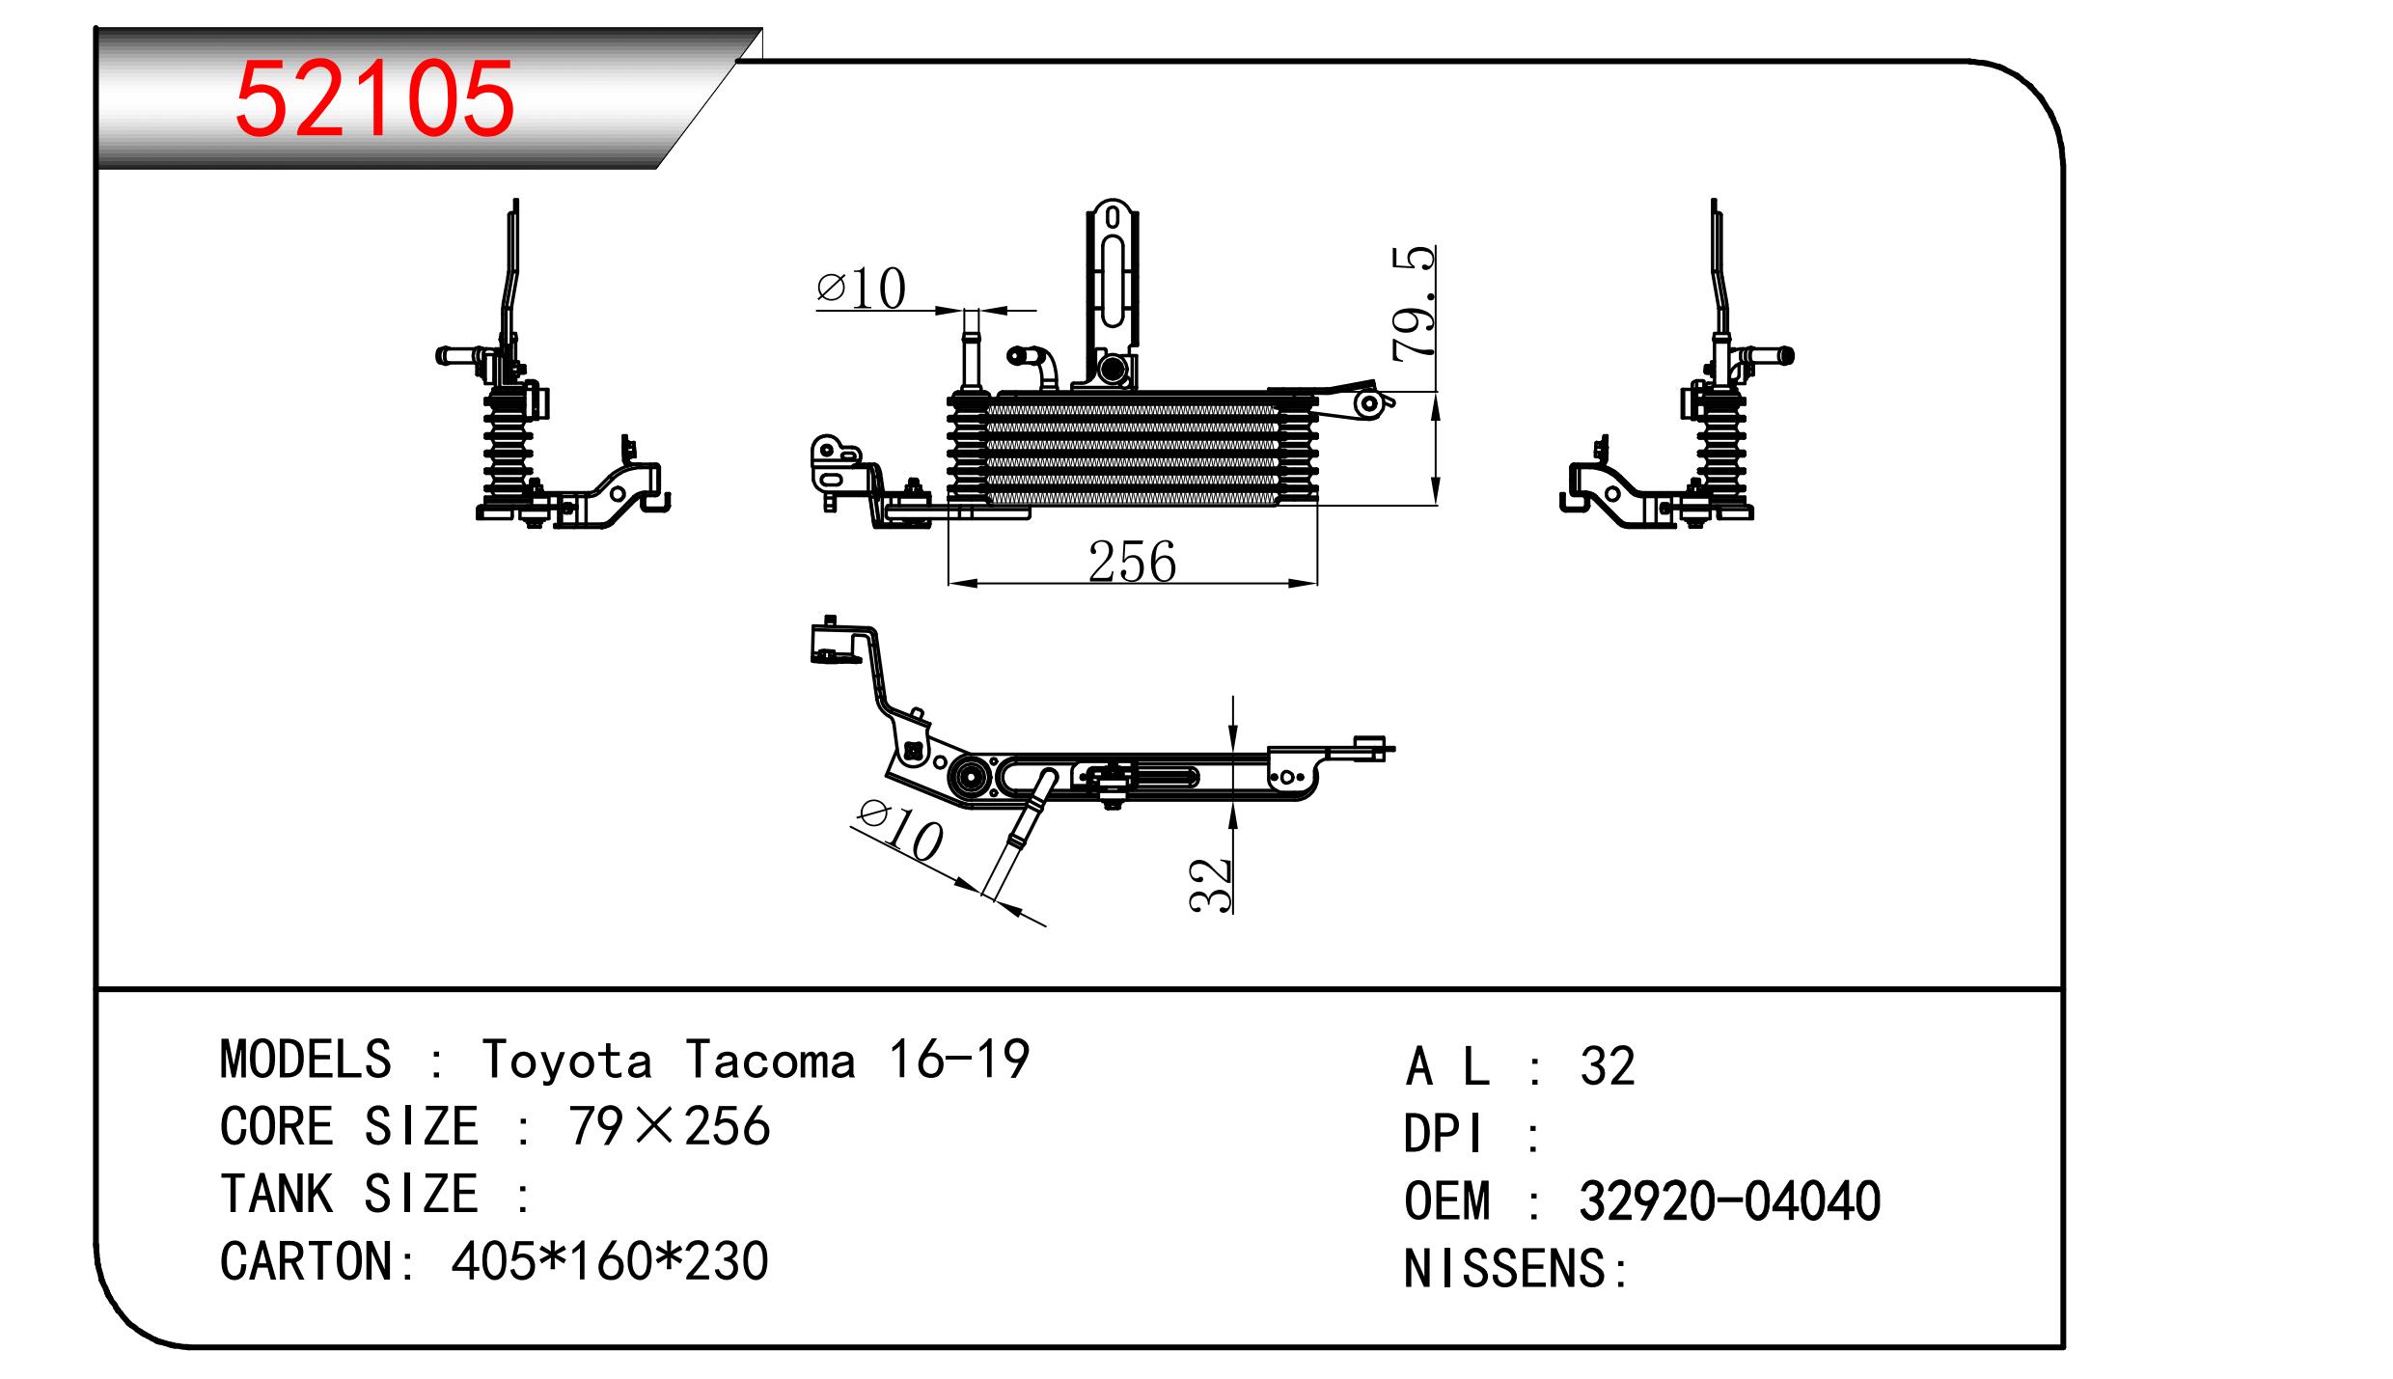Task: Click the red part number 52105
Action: pyautogui.click(x=374, y=99)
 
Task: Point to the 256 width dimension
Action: pyautogui.click(x=1132, y=562)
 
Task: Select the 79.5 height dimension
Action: pyautogui.click(x=1415, y=303)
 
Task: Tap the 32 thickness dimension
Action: pyautogui.click(x=1211, y=884)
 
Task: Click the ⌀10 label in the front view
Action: pyautogui.click(x=861, y=288)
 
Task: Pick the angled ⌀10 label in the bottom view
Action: pyautogui.click(x=899, y=831)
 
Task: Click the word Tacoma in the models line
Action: pyautogui.click(x=771, y=1060)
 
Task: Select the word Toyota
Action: pyautogui.click(x=566, y=1060)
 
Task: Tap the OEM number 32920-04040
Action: pyautogui.click(x=1729, y=1201)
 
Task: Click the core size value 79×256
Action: pyautogui.click(x=669, y=1126)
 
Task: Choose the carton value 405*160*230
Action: pyautogui.click(x=609, y=1261)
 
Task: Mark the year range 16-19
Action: pyautogui.click(x=958, y=1060)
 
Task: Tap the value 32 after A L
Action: pyautogui.click(x=1607, y=1066)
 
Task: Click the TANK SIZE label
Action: pyautogui.click(x=349, y=1195)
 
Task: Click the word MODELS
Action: pyautogui.click(x=305, y=1060)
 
